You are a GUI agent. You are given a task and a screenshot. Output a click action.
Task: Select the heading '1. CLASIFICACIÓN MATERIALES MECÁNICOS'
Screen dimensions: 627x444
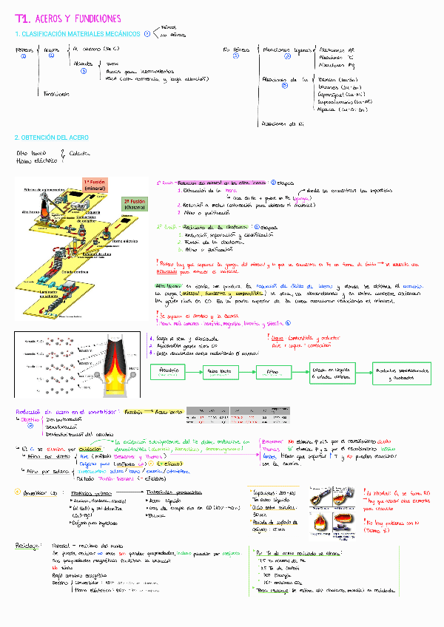click(x=77, y=34)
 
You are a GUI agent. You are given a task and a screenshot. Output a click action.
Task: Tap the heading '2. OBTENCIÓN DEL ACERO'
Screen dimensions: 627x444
click(x=49, y=138)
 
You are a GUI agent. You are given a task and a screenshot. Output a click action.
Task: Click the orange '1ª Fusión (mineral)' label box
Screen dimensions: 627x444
click(x=95, y=185)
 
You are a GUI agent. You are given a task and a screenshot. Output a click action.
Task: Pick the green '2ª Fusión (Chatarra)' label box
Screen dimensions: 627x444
click(x=134, y=204)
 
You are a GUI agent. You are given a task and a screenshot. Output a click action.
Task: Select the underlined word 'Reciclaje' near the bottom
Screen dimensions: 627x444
click(x=28, y=546)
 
